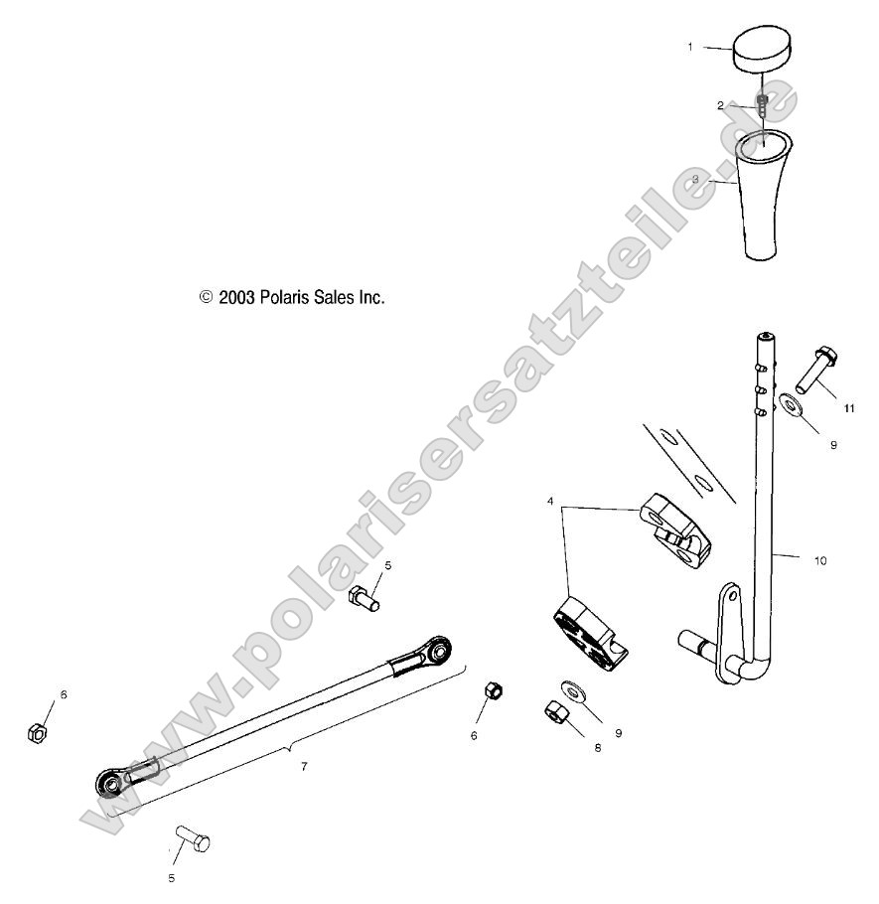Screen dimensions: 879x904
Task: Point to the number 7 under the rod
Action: tap(305, 766)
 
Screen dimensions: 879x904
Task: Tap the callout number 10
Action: tap(820, 561)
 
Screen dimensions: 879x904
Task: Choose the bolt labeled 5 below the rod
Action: tap(193, 841)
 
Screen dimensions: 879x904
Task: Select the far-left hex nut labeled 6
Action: tap(34, 733)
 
